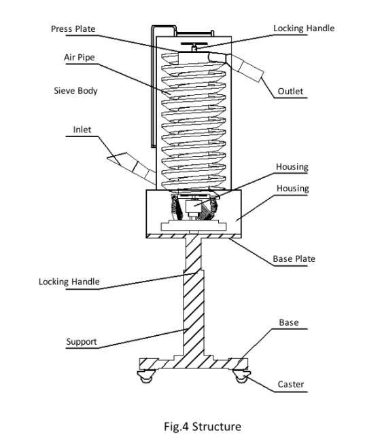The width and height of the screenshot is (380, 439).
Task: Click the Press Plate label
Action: pos(73,29)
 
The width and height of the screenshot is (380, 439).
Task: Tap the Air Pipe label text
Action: pos(80,58)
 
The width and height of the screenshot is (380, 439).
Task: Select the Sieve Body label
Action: pos(75,91)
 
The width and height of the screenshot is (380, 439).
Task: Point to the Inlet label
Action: pos(82,130)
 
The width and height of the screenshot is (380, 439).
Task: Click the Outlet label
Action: pos(290,92)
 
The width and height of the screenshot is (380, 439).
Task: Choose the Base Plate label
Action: pos(294,259)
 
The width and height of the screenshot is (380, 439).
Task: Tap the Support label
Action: pos(82,341)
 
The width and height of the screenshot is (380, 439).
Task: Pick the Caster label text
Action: pos(290,384)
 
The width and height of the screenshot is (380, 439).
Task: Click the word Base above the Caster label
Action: pos(289,322)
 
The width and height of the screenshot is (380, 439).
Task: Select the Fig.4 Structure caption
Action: pos(203,427)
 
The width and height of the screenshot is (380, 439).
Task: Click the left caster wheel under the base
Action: pos(146,376)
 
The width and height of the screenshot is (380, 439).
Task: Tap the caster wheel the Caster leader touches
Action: pos(241,376)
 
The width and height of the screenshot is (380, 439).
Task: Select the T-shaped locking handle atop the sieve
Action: pos(194,46)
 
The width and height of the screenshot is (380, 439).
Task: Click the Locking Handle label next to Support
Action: pos(69,282)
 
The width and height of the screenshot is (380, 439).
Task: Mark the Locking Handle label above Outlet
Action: pos(304,28)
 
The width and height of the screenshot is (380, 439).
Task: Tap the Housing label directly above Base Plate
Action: pos(292,189)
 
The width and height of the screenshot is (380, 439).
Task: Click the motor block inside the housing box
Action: pos(193,207)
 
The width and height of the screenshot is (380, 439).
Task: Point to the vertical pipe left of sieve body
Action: pos(153,87)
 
